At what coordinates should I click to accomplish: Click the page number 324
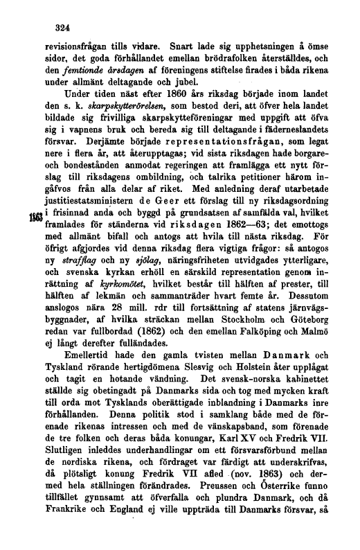(x=64, y=28)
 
